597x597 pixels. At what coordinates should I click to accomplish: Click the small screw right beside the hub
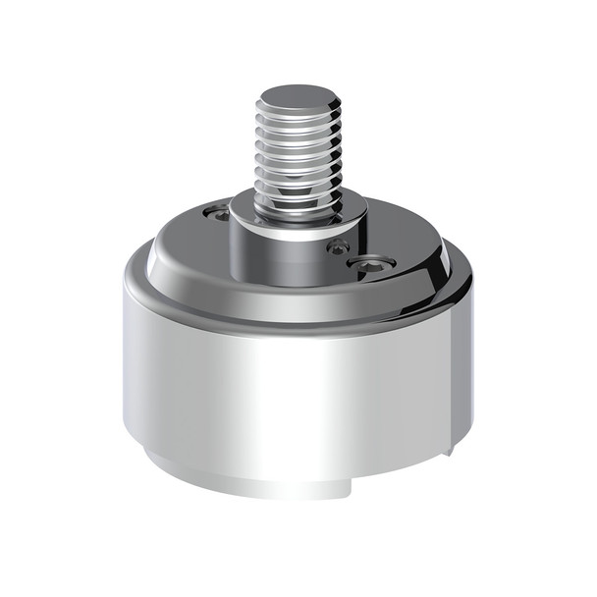339,246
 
